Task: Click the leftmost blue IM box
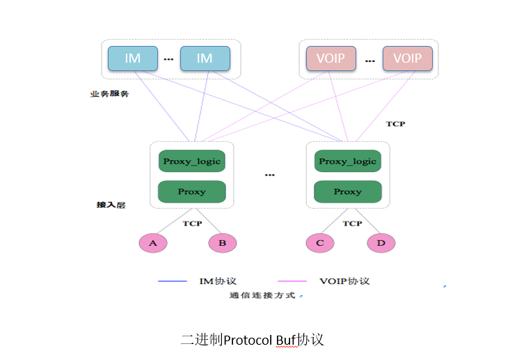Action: (x=132, y=58)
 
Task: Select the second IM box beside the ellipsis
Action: (x=205, y=58)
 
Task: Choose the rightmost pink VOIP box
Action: (x=407, y=58)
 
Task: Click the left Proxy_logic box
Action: (x=191, y=162)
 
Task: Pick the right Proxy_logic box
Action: (x=347, y=162)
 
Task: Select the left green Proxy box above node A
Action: (x=191, y=191)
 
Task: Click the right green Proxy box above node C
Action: (x=347, y=191)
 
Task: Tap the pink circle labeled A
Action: (x=153, y=243)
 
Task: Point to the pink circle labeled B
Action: (x=223, y=243)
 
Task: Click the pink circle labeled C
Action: (x=319, y=243)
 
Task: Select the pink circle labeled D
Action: (x=381, y=243)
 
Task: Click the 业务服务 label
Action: (x=109, y=94)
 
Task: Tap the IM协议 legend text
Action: (x=218, y=281)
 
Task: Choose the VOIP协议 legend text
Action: (x=344, y=281)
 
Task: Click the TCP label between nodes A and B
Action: (x=192, y=224)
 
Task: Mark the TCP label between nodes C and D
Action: (x=353, y=224)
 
